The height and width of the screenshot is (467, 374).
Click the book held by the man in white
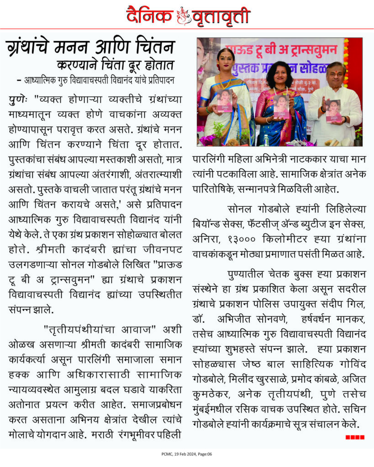coord(333,111)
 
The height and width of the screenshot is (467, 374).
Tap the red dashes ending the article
coord(355,437)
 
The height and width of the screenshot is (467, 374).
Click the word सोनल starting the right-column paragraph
coord(237,209)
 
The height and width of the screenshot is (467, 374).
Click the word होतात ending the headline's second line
coord(160,64)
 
